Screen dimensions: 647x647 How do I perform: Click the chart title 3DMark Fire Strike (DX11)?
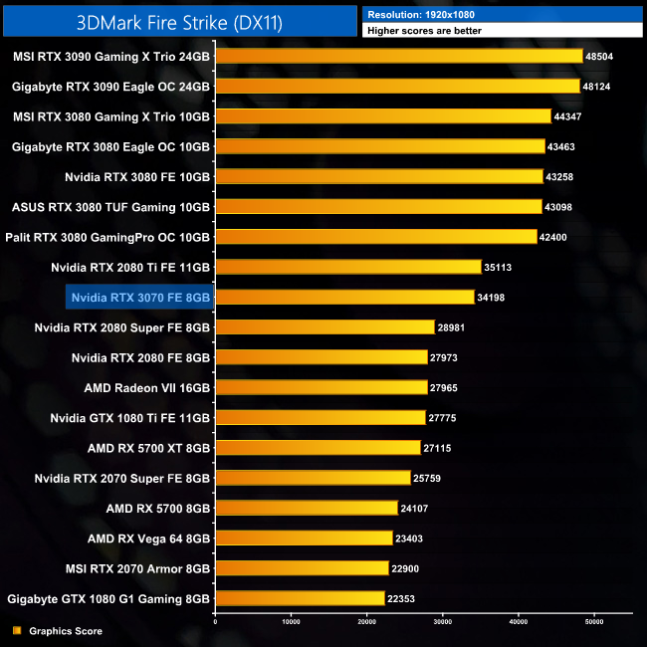179,20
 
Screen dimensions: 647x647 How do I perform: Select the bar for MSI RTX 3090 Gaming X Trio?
398,57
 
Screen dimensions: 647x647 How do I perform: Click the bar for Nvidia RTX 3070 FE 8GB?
344,297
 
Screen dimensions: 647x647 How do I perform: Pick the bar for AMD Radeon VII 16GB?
321,387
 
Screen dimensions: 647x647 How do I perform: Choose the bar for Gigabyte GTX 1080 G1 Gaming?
300,598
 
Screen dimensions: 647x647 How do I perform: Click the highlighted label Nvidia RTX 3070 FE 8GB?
140,297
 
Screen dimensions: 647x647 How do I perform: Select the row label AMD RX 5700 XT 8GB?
148,448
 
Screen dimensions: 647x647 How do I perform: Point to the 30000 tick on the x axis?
442,622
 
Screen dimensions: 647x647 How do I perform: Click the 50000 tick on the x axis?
593,622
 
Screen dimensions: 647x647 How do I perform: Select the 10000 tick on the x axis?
291,622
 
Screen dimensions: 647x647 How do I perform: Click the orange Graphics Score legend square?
16,631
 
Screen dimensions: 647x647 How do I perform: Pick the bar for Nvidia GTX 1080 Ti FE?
320,417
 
